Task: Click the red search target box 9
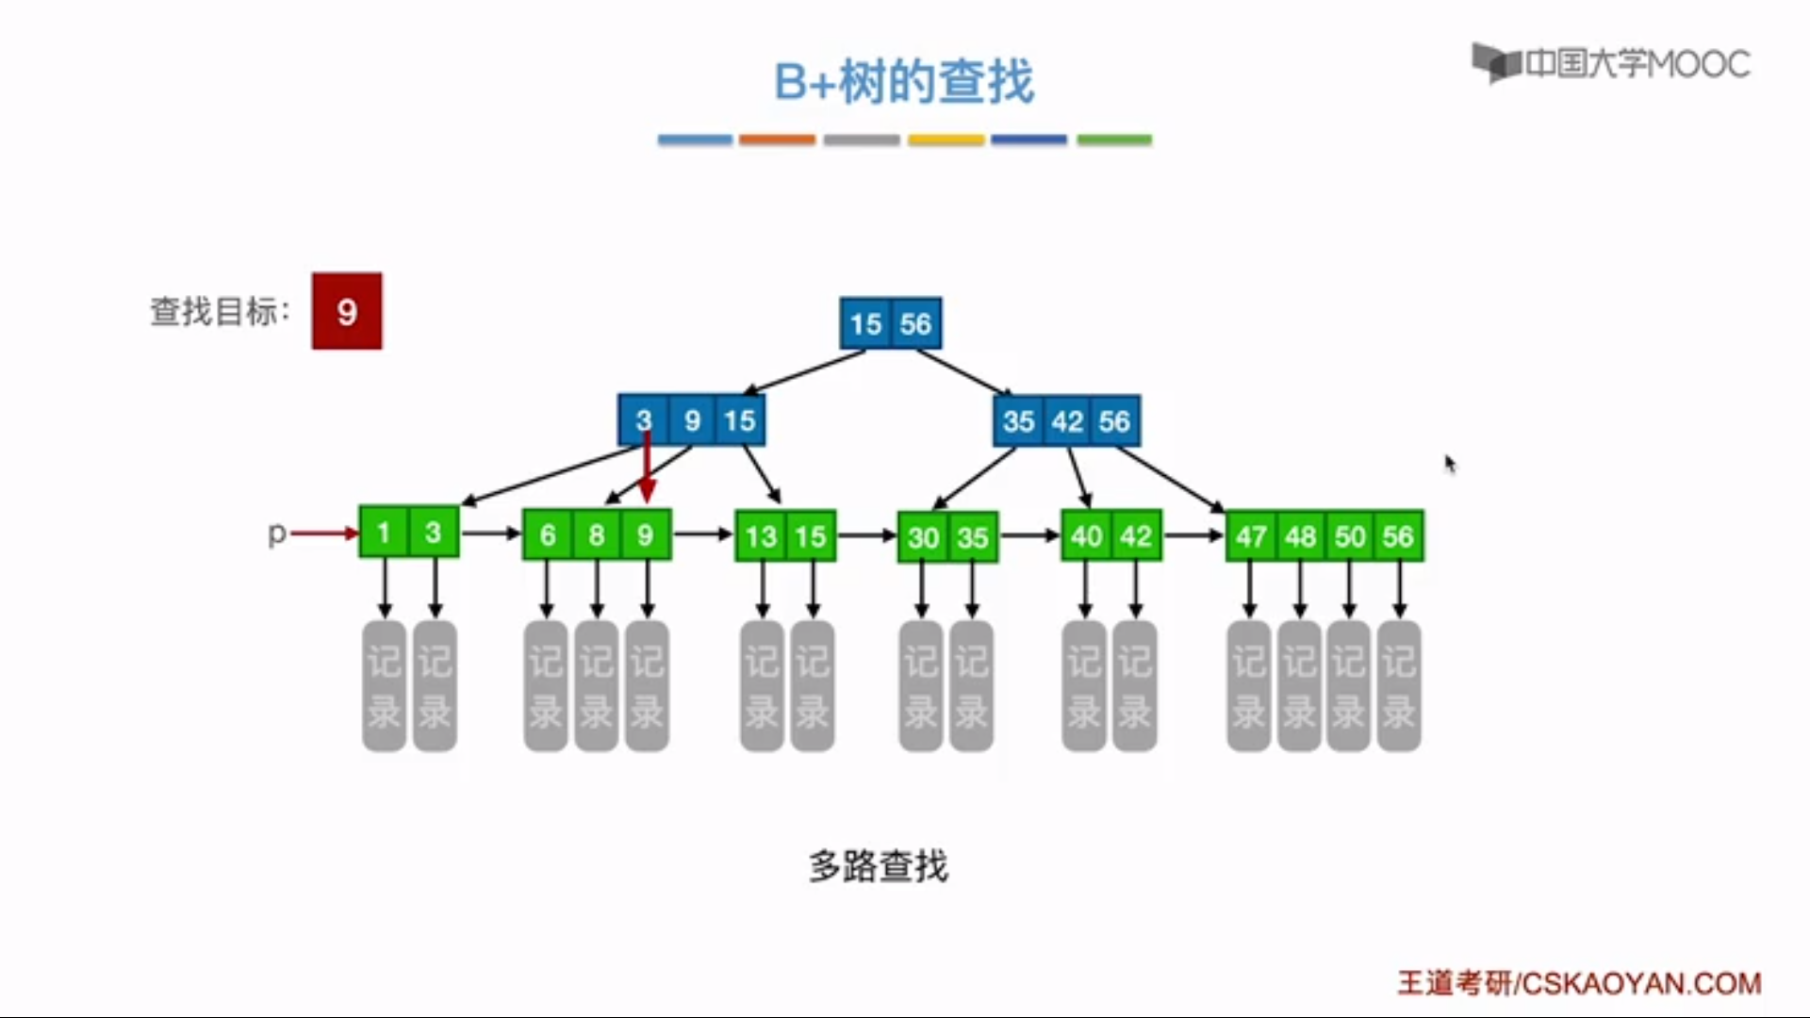pos(347,311)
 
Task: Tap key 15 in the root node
pos(865,324)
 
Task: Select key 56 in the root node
pos(915,324)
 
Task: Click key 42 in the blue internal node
pos(1067,421)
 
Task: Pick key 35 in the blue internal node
pos(1018,421)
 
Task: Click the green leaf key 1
pos(384,534)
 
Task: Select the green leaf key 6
pos(548,536)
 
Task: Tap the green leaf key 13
pos(760,537)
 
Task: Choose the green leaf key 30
pos(923,538)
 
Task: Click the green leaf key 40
pos(1086,537)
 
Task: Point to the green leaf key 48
pos(1300,537)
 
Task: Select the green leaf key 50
pos(1350,537)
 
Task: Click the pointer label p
pos(276,534)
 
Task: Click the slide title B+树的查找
pos(904,82)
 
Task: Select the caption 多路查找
pos(878,866)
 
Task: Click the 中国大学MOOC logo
pos(1611,64)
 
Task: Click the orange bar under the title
pos(777,140)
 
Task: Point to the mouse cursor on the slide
pos(1449,463)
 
